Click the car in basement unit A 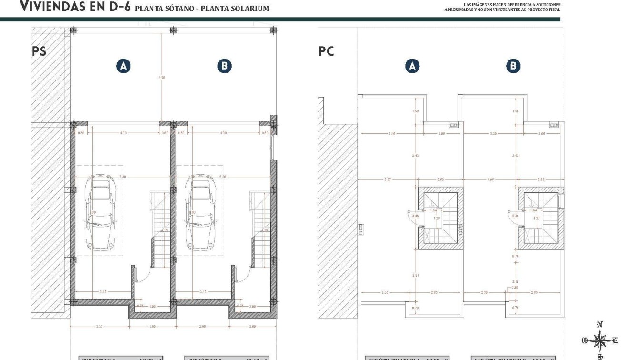[x=99, y=212]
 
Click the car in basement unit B [x=200, y=212]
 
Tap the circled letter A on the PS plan [x=123, y=66]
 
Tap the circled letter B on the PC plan [x=513, y=66]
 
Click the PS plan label [x=39, y=51]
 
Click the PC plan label [x=326, y=51]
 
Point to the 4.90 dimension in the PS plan [x=162, y=78]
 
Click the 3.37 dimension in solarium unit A [x=388, y=180]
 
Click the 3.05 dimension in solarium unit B [x=490, y=180]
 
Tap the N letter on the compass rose [x=599, y=325]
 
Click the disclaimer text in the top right [x=502, y=7]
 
